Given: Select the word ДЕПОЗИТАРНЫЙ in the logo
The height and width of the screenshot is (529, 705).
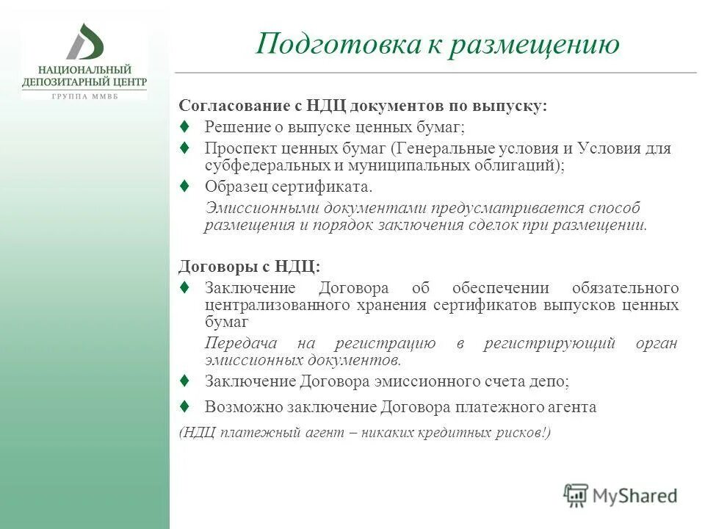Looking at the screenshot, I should pyautogui.click(x=65, y=82).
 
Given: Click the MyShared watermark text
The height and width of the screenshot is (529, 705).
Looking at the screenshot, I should pyautogui.click(x=635, y=496).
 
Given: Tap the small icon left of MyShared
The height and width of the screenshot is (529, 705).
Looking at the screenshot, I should pyautogui.click(x=576, y=495).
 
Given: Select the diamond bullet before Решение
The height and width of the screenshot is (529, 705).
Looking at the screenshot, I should pyautogui.click(x=185, y=126).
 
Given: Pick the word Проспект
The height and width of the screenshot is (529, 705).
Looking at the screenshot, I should pyautogui.click(x=236, y=148).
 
